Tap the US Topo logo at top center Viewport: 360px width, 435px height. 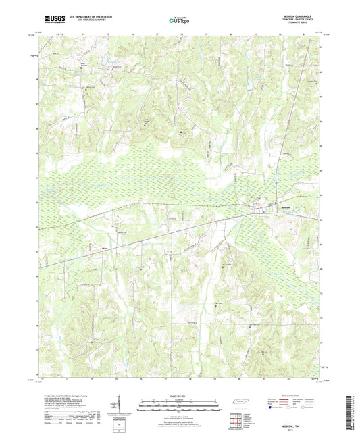point(179,20)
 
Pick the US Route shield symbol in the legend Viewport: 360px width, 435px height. point(292,407)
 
